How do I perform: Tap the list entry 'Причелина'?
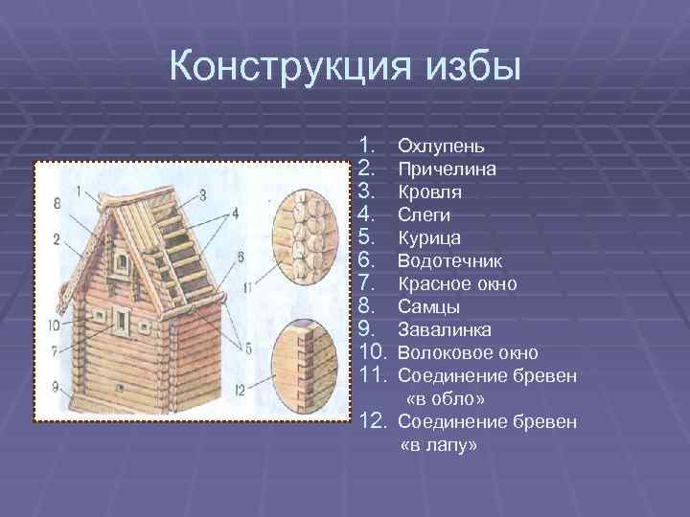point(446,169)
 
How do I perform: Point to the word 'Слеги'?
point(424,215)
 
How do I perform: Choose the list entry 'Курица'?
point(428,238)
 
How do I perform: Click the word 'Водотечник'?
point(448,261)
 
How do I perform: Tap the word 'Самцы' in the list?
point(427,307)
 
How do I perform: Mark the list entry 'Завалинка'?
point(445,330)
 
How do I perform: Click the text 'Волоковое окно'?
point(467,353)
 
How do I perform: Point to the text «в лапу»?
point(437,445)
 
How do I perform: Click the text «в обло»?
point(439,399)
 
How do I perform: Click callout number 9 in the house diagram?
point(56,387)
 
